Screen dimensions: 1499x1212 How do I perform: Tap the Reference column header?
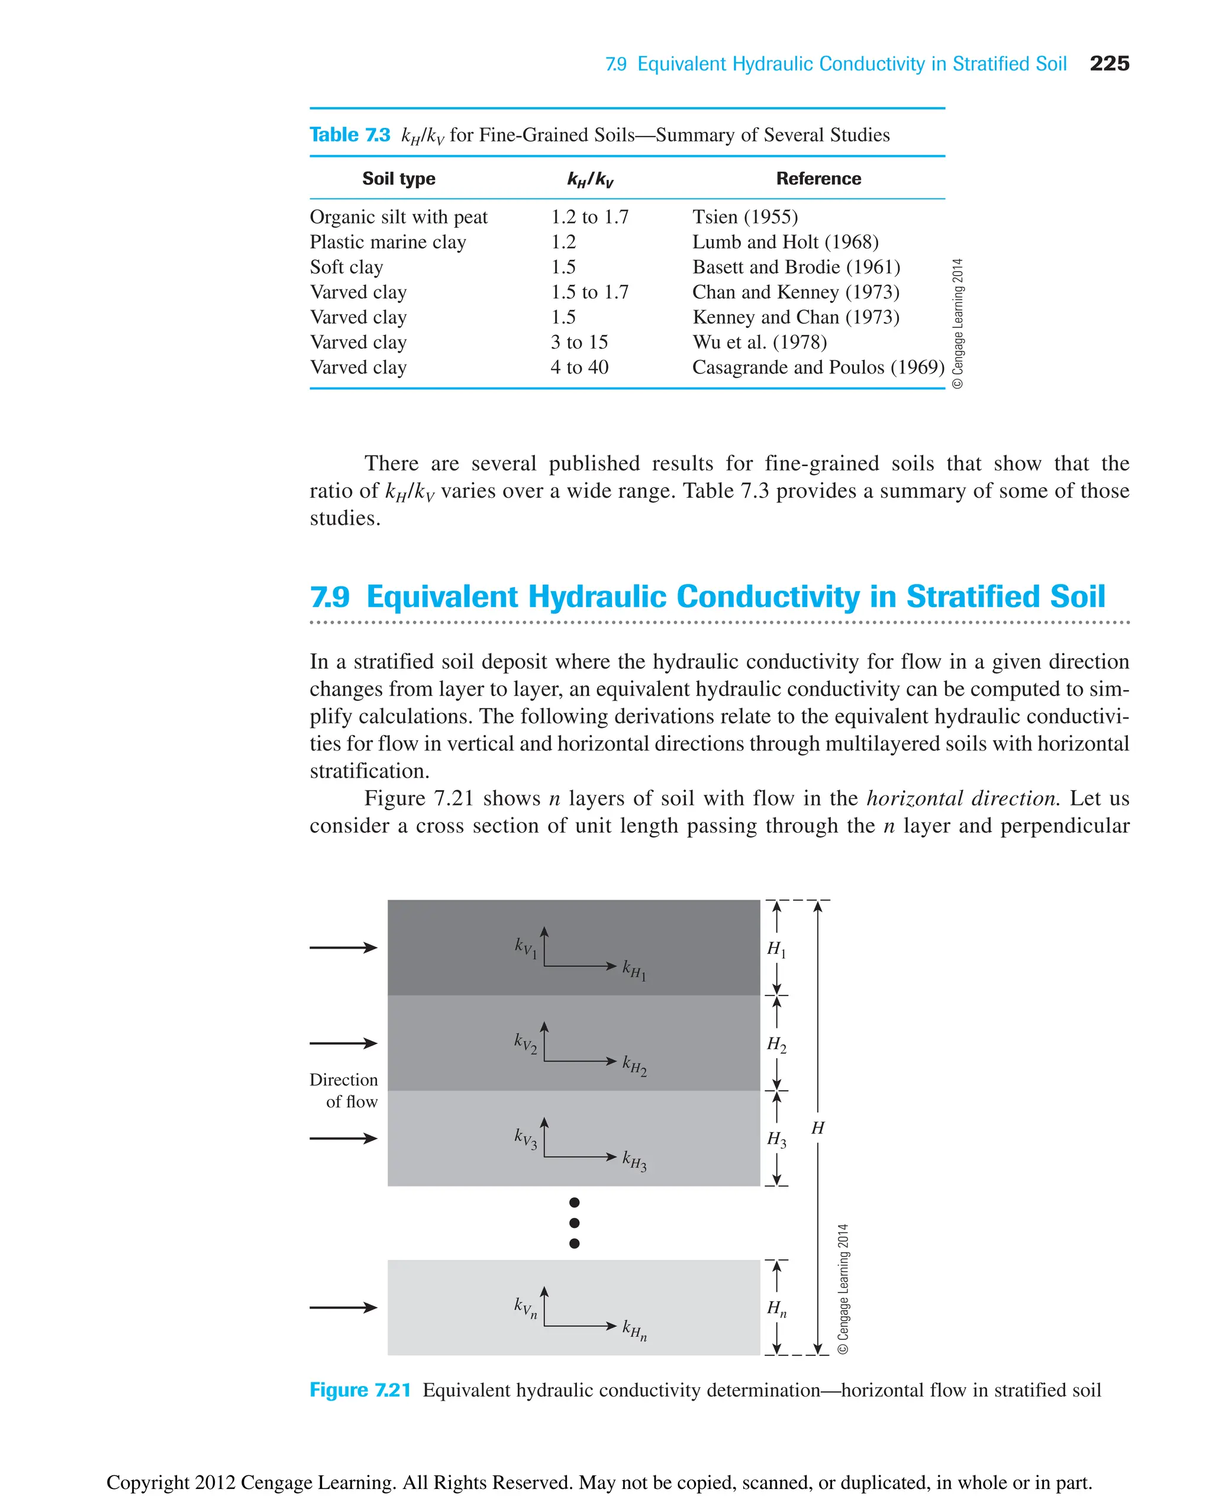[818, 179]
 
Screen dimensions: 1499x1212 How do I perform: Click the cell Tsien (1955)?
[744, 217]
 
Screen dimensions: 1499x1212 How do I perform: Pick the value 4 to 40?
[579, 368]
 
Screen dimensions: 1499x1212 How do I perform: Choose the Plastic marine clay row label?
[388, 242]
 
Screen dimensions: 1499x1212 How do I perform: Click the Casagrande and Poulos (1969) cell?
[817, 368]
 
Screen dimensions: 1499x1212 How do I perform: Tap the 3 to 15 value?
[579, 342]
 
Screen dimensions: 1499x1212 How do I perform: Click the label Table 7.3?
[350, 135]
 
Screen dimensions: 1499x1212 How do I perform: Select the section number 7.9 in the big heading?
[330, 597]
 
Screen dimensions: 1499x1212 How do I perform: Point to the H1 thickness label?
[776, 949]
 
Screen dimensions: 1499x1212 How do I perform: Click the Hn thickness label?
[776, 1308]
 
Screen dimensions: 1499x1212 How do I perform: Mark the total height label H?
[817, 1127]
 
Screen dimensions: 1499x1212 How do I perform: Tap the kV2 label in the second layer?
[526, 1043]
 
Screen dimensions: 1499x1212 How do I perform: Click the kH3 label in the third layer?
[634, 1160]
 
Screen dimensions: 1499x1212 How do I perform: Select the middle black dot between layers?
[574, 1223]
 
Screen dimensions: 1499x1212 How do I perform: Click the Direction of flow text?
[344, 1091]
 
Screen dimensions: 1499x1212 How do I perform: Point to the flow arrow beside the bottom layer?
[343, 1308]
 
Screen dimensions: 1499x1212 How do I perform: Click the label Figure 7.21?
[360, 1390]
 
